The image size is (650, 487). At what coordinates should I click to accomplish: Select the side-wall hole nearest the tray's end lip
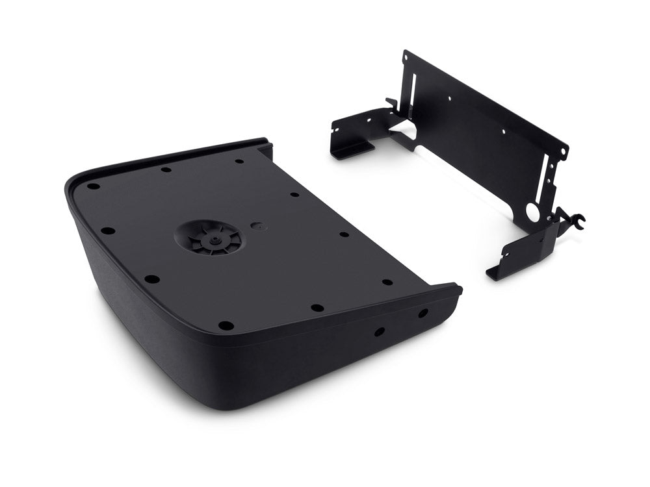423,313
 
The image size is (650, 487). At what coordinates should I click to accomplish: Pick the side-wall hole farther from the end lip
378,331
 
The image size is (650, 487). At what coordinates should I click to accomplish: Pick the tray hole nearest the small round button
294,194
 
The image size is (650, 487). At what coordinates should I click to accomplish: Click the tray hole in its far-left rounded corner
94,186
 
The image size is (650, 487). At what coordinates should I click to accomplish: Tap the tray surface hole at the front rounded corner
226,325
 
